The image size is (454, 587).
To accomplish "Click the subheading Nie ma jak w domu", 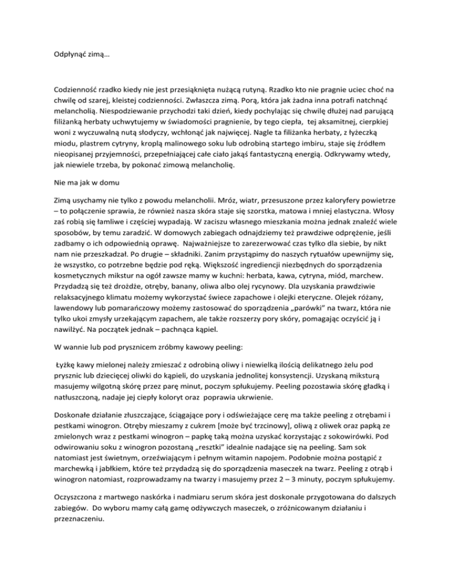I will click(x=80, y=184).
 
